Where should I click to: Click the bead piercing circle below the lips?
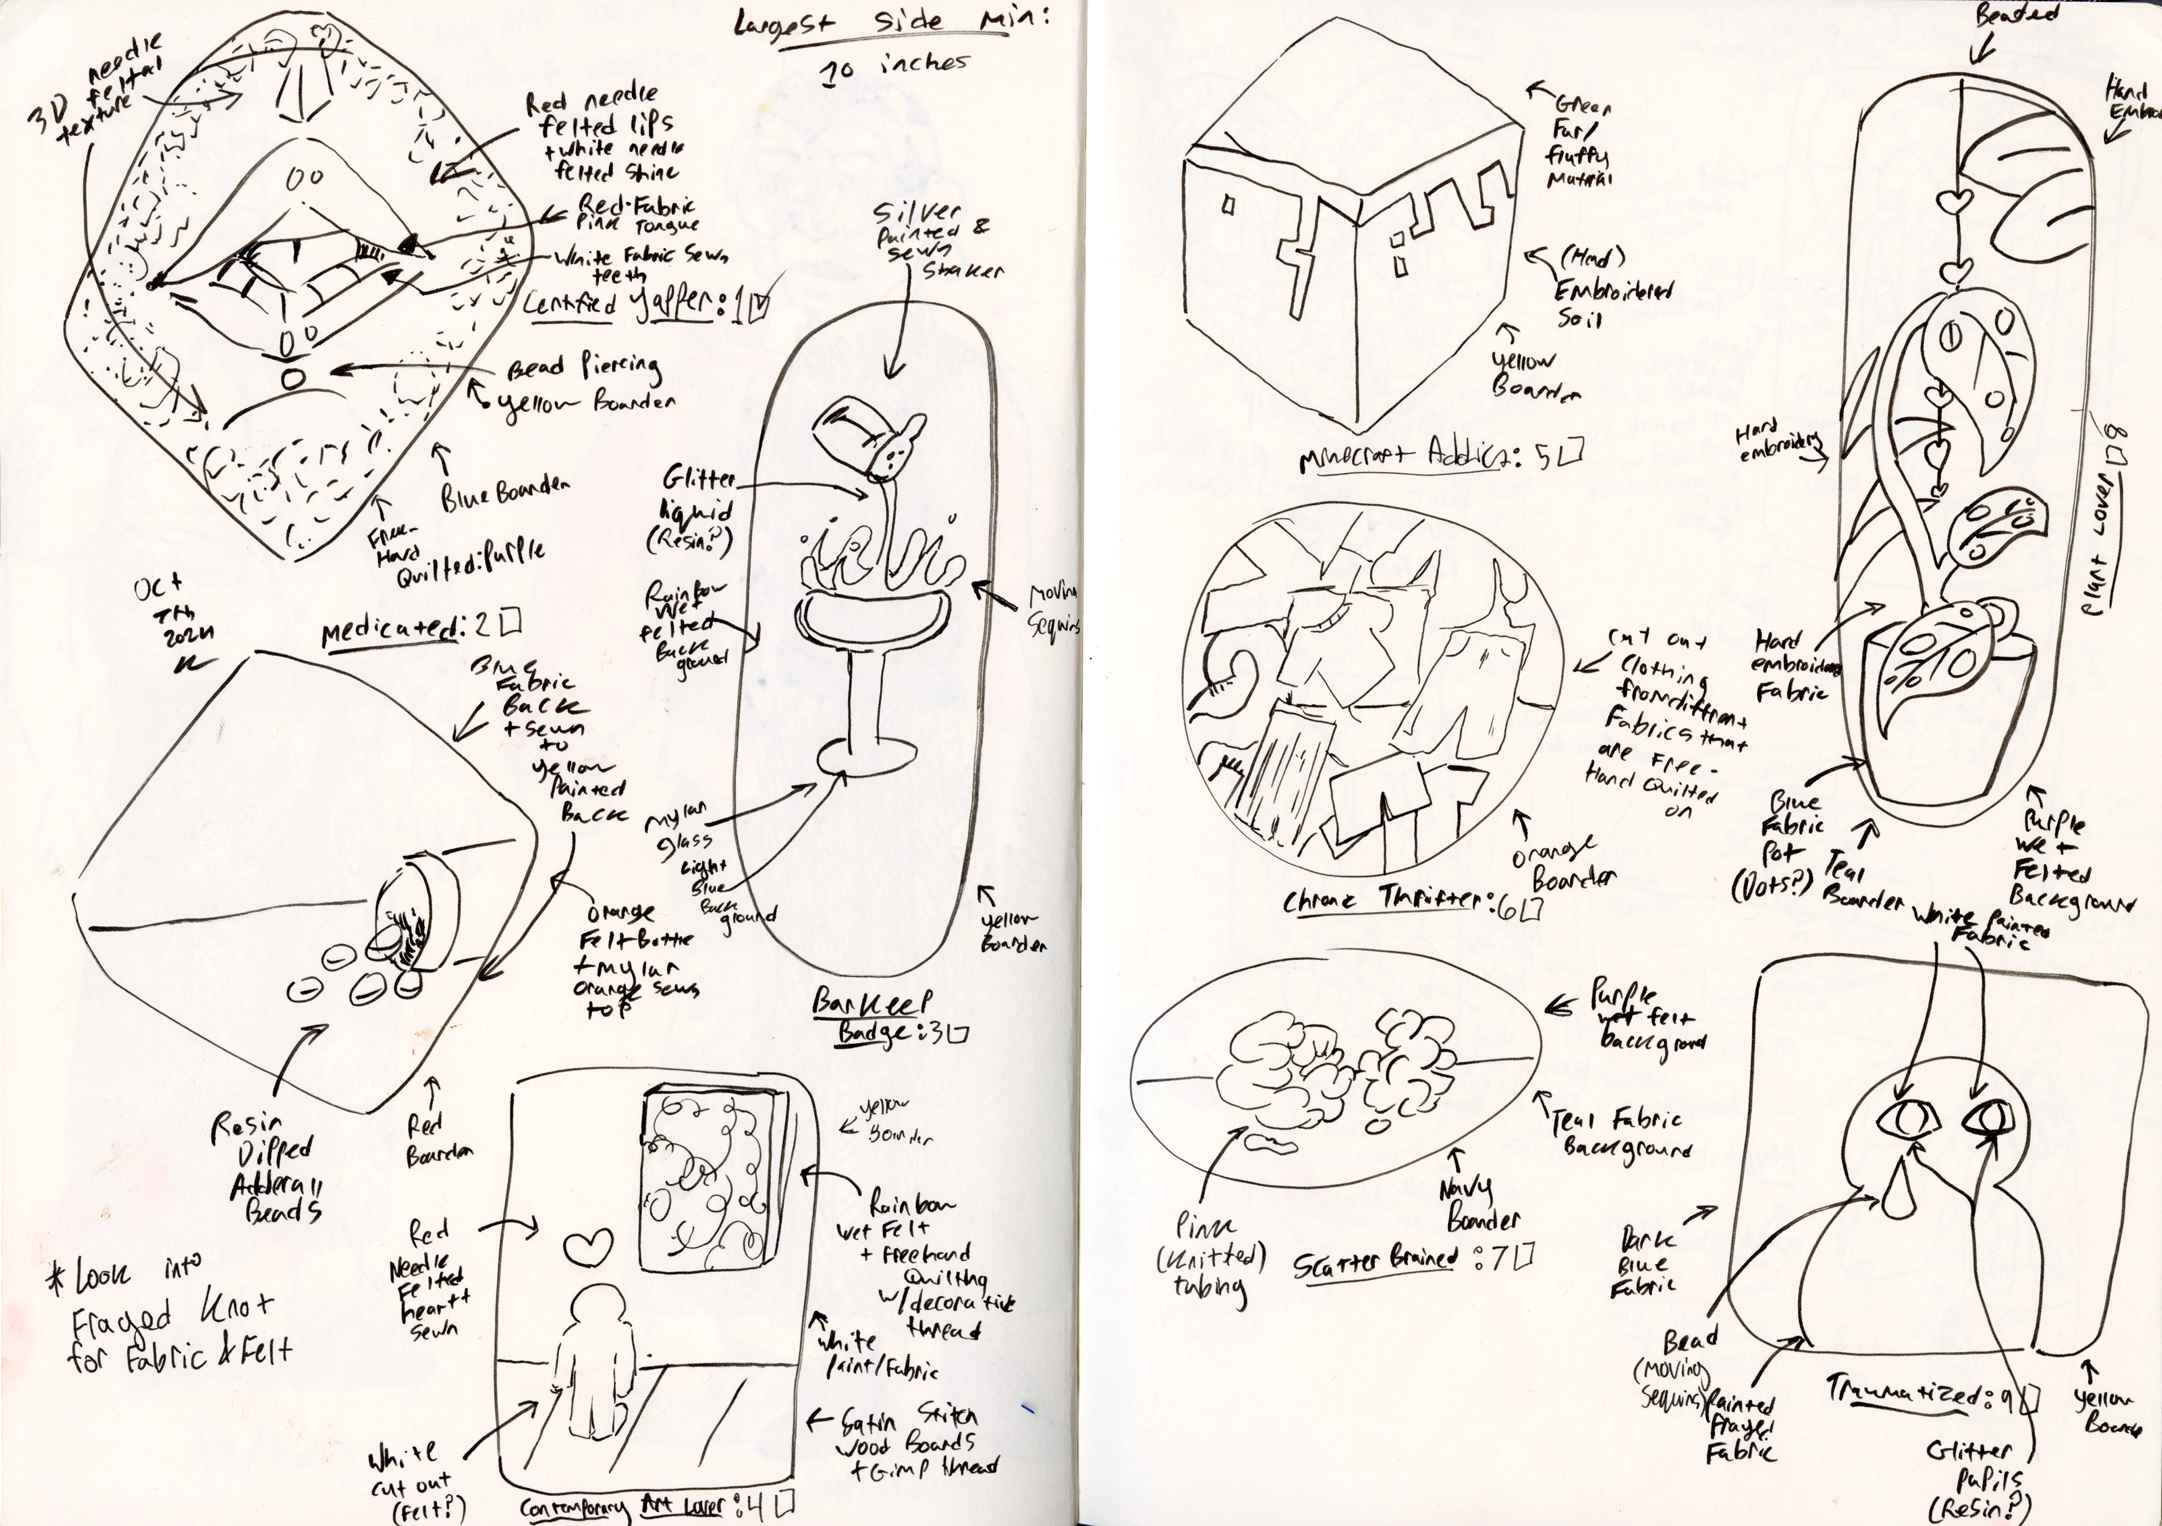pos(292,379)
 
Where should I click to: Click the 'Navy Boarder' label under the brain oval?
pos(1478,1205)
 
